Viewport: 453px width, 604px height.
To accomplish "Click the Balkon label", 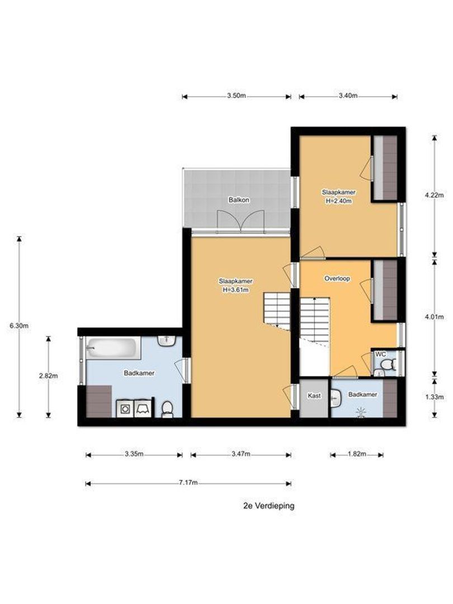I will click(238, 200).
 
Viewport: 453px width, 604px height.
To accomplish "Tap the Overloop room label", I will click(337, 278).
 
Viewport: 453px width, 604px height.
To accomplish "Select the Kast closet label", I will click(314, 395).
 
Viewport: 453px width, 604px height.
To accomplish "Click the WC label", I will click(380, 354).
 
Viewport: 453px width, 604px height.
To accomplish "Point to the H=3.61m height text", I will click(235, 290).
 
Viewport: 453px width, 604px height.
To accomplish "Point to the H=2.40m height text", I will click(338, 201).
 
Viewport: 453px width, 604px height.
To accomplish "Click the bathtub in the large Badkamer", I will click(112, 349).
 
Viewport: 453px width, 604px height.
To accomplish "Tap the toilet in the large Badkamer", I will click(167, 410).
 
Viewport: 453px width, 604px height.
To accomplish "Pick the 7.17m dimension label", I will click(189, 483).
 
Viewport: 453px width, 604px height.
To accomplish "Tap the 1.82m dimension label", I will click(357, 455).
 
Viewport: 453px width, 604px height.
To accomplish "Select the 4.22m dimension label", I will click(435, 195).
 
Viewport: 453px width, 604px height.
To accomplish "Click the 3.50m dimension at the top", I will click(237, 96).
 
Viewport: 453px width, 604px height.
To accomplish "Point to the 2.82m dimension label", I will click(48, 376).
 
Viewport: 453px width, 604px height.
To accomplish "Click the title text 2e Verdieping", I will click(268, 506).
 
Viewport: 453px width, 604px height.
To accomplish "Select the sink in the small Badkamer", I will click(336, 398).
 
